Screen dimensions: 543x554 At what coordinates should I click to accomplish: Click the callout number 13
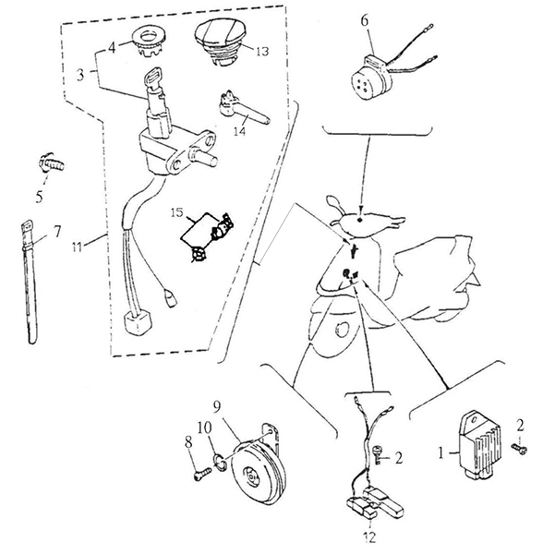click(x=262, y=52)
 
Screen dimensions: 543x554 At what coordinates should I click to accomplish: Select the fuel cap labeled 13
click(x=219, y=42)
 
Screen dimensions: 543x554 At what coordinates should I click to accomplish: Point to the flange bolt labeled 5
click(x=52, y=163)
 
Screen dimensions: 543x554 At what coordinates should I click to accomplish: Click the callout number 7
click(x=57, y=232)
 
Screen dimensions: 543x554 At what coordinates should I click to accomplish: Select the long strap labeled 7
click(x=30, y=283)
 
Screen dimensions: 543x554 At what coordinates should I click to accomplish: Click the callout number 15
click(x=177, y=213)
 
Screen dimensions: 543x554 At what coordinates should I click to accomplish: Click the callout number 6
click(x=364, y=21)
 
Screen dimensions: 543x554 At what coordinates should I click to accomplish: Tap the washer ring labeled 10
click(x=220, y=464)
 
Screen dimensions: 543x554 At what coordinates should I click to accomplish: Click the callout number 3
click(x=81, y=76)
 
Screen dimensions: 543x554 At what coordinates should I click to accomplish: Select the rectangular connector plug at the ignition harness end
click(x=139, y=324)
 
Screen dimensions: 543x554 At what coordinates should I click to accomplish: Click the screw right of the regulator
click(x=519, y=449)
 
